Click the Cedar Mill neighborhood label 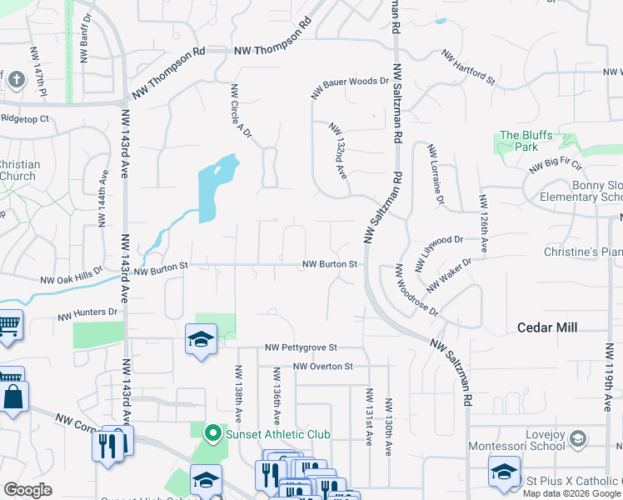coord(547,328)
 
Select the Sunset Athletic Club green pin coord(212,433)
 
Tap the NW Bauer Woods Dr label coord(351,88)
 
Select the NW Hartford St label coord(469,70)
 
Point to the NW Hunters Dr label coord(87,314)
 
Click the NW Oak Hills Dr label coord(72,276)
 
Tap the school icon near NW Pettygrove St coord(201,340)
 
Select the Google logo coord(27,489)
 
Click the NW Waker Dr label coord(449,276)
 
